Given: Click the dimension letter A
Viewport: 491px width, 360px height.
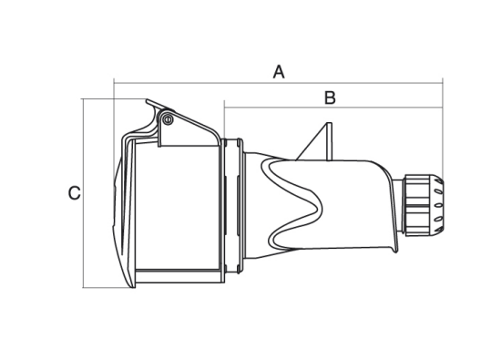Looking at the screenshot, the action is tap(279, 72).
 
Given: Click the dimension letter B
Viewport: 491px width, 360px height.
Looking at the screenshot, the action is tap(330, 98).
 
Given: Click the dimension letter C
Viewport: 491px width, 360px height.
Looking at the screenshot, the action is tap(75, 193).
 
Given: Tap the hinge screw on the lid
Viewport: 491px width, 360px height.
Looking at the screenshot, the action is tap(169, 119).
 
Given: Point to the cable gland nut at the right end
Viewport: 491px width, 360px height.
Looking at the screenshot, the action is tap(424, 205).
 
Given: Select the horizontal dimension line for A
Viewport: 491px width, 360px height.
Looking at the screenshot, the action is tap(279, 83).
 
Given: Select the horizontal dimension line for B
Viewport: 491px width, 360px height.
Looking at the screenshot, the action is tap(333, 108).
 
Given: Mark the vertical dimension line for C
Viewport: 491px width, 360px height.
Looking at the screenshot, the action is tap(83, 193).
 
